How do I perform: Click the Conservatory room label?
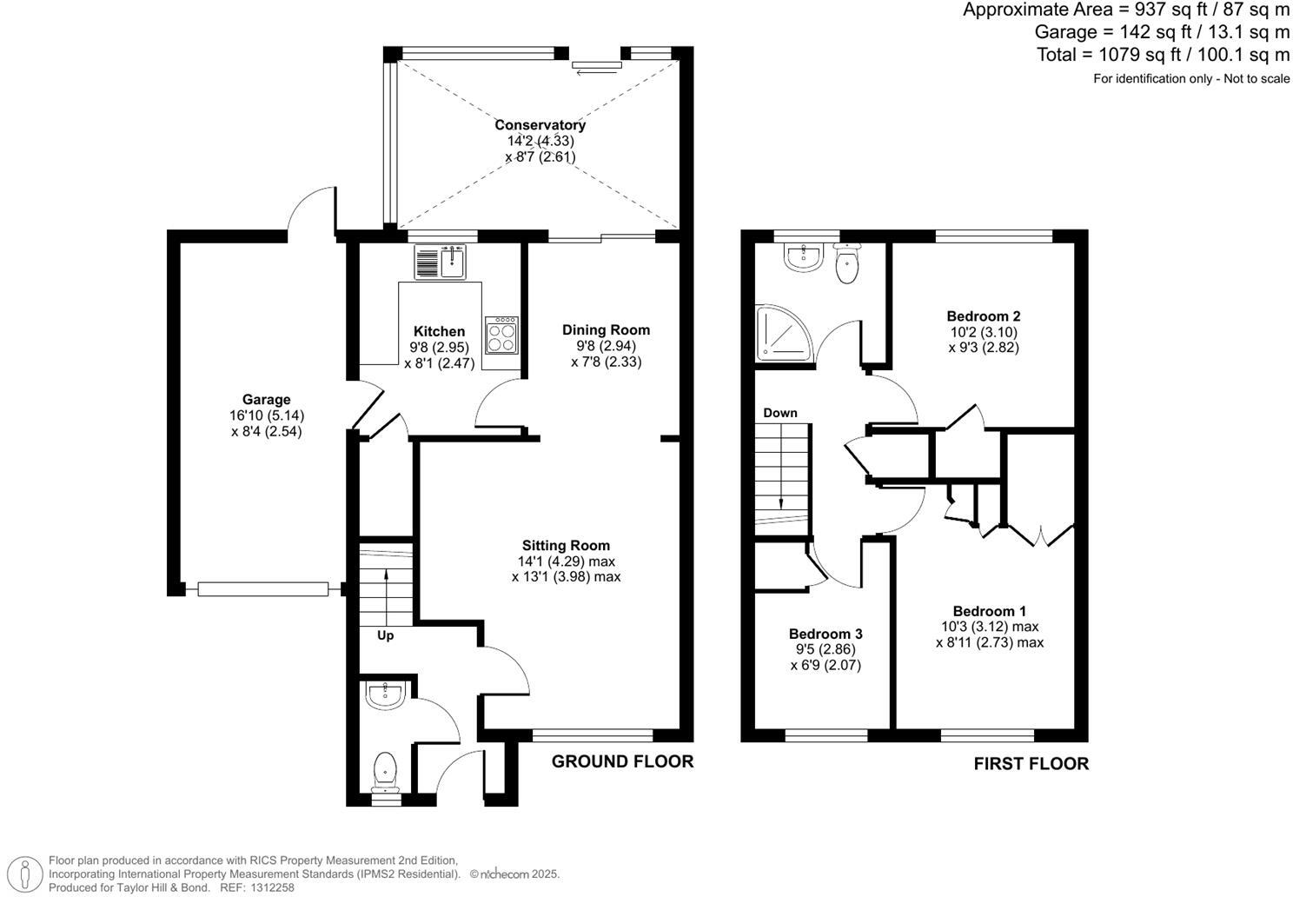(x=540, y=125)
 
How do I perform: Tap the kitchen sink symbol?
(x=441, y=262)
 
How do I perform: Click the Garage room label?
(x=266, y=400)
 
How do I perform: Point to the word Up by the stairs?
(x=385, y=635)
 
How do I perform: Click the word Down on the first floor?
(x=779, y=413)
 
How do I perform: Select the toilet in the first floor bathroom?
(x=847, y=264)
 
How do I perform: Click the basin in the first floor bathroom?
(x=802, y=257)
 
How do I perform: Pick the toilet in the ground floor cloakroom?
(x=385, y=771)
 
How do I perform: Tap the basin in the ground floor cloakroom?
(x=384, y=695)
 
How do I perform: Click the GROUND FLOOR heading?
(x=622, y=762)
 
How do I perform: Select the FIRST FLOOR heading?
(x=1031, y=764)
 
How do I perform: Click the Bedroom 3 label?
(x=826, y=634)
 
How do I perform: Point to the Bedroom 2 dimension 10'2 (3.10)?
(x=983, y=332)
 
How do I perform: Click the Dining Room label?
(x=606, y=329)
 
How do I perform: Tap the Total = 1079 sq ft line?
(x=1163, y=55)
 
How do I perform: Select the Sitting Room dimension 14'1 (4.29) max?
(x=566, y=561)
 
